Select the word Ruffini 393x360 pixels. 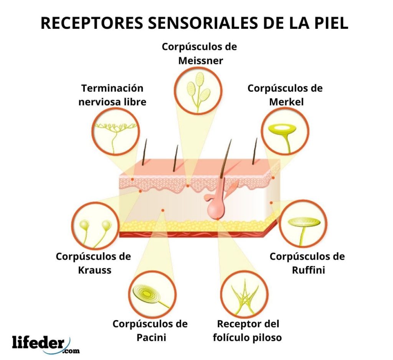point(308,270)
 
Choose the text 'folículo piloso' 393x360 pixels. point(249,337)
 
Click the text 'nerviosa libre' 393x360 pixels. point(112,102)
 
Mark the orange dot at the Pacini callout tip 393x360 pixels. point(163,210)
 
